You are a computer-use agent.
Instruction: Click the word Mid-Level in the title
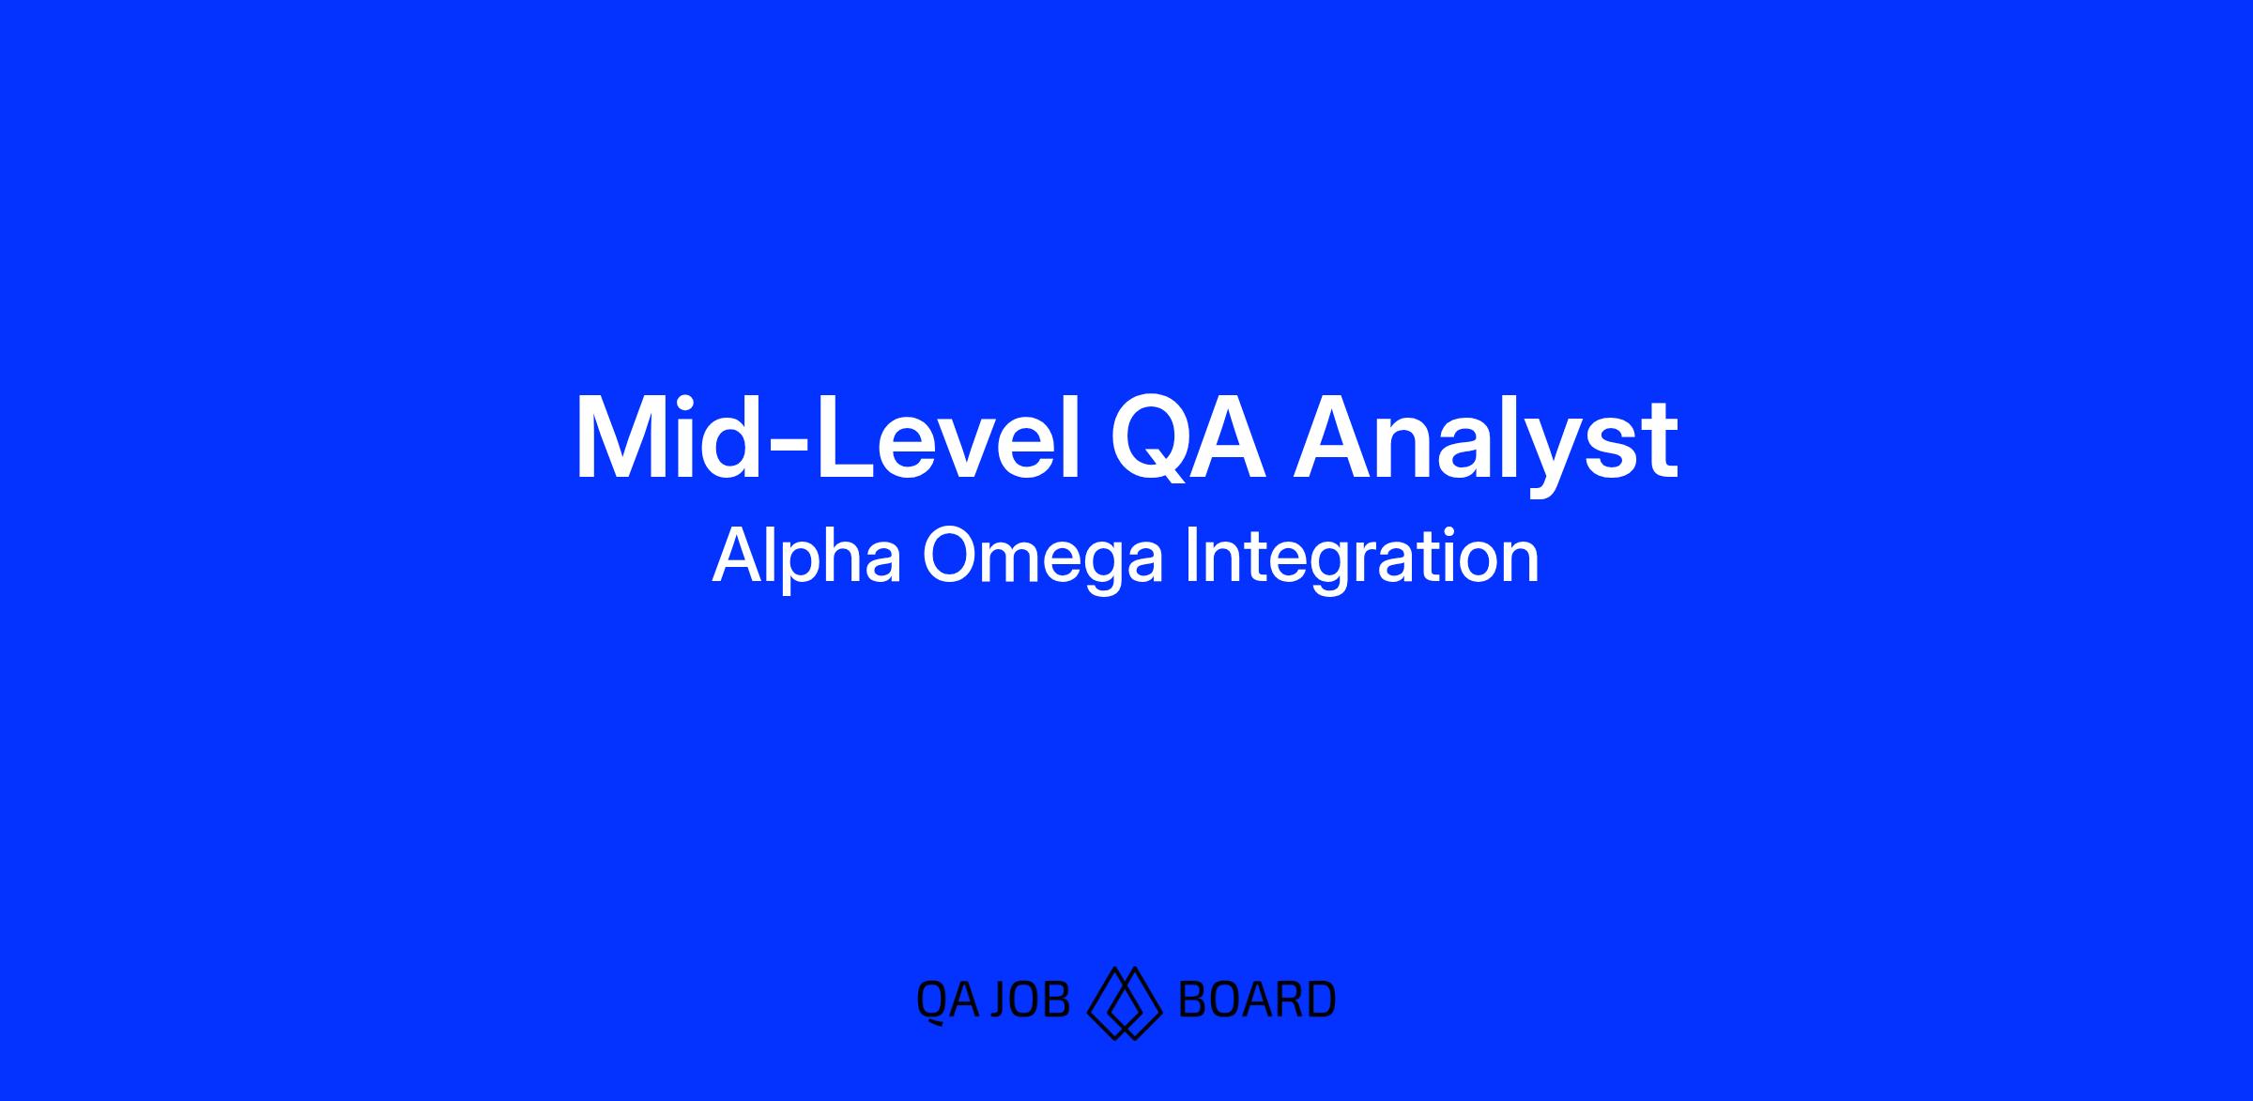[827, 438]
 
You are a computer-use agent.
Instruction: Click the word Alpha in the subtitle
[806, 558]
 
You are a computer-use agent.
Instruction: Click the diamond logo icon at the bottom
[1125, 1003]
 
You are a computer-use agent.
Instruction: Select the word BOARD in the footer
[1256, 1000]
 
